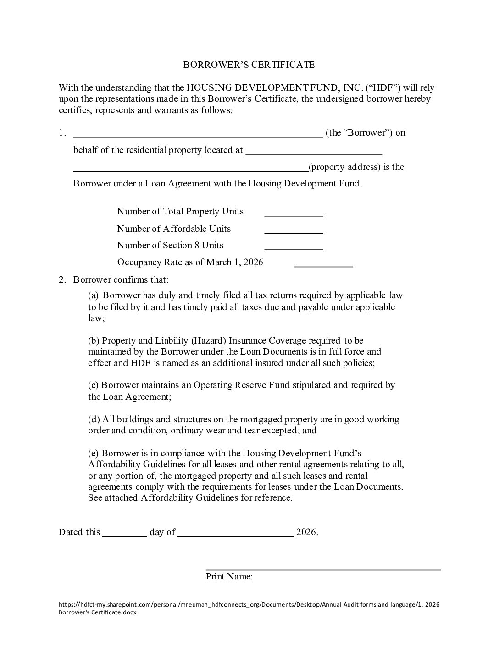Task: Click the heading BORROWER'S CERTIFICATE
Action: pos(249,65)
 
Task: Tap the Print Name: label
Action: pos(229,576)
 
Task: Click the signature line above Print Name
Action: pos(323,568)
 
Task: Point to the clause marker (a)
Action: pos(94,295)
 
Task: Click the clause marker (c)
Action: pos(94,385)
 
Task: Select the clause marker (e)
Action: pos(94,454)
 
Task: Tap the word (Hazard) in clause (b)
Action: pos(208,340)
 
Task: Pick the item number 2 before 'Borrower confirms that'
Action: pos(62,279)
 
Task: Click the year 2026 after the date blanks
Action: pos(306,532)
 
